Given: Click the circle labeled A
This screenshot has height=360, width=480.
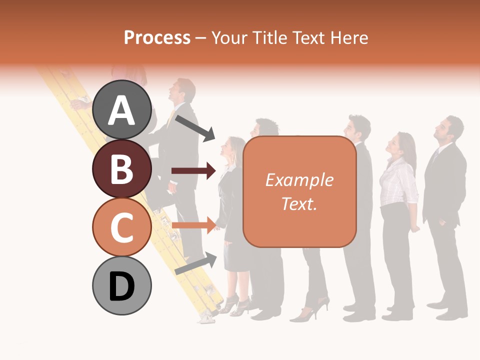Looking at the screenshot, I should [x=121, y=109].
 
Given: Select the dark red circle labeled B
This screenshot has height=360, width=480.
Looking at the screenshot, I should [x=121, y=168].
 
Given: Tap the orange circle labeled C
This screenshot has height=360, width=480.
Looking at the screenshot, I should [x=121, y=227].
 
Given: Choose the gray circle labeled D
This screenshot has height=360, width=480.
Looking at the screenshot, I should [x=121, y=285].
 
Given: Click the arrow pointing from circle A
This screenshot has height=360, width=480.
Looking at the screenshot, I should [x=195, y=127].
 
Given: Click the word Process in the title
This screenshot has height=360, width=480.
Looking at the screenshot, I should [x=157, y=37].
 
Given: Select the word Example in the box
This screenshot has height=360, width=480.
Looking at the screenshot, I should [x=299, y=180].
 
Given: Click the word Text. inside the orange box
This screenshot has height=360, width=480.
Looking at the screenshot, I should [x=299, y=203].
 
